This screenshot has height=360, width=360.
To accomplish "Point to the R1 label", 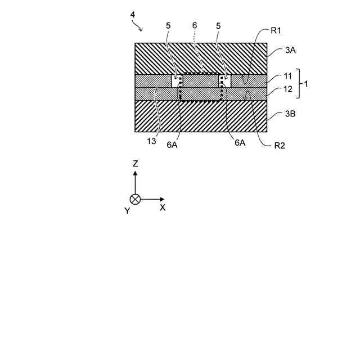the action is [x=276, y=30].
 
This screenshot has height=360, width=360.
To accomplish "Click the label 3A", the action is [x=290, y=50].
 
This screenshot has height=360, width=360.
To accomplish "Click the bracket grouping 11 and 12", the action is [x=299, y=83].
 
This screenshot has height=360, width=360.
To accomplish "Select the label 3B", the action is [x=290, y=114].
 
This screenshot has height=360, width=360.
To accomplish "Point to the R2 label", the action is [x=280, y=146].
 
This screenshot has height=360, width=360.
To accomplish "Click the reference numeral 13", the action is [x=152, y=141].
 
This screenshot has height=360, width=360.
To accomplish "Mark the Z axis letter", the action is [x=135, y=164].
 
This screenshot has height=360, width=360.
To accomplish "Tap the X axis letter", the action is [x=163, y=208].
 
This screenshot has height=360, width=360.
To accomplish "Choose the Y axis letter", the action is [x=127, y=211].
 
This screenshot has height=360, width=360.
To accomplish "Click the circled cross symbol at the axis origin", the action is [x=135, y=199].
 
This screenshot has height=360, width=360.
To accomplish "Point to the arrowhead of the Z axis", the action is [x=135, y=173].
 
